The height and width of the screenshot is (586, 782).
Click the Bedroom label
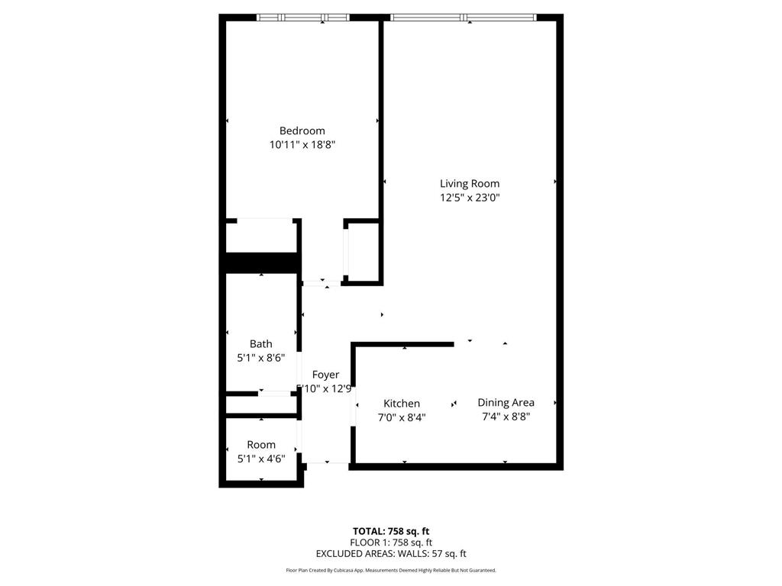302,130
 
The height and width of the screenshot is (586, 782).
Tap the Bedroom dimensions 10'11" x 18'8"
302,144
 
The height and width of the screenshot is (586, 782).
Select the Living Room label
469,183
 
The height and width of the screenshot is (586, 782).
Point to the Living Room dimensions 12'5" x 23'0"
469,198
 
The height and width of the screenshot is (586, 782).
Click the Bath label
260,344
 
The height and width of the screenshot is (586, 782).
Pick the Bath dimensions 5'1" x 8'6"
260,358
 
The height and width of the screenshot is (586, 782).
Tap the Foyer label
325,375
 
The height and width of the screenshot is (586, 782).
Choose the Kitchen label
401,404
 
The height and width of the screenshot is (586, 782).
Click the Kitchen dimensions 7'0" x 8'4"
401,417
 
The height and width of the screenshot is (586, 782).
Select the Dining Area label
506,402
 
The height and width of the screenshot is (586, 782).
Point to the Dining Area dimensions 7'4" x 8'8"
506,417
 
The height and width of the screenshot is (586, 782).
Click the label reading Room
260,445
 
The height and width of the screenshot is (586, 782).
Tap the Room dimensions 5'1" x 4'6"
260,459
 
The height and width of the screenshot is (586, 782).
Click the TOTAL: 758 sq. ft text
390,531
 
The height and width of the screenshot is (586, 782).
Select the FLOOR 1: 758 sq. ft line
390,543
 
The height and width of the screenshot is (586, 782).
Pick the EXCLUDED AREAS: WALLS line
390,554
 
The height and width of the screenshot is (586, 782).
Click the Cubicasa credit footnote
390,570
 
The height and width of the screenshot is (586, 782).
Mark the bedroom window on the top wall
302,18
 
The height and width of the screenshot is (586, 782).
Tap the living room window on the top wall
463,18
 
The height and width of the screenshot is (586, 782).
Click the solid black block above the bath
260,262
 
